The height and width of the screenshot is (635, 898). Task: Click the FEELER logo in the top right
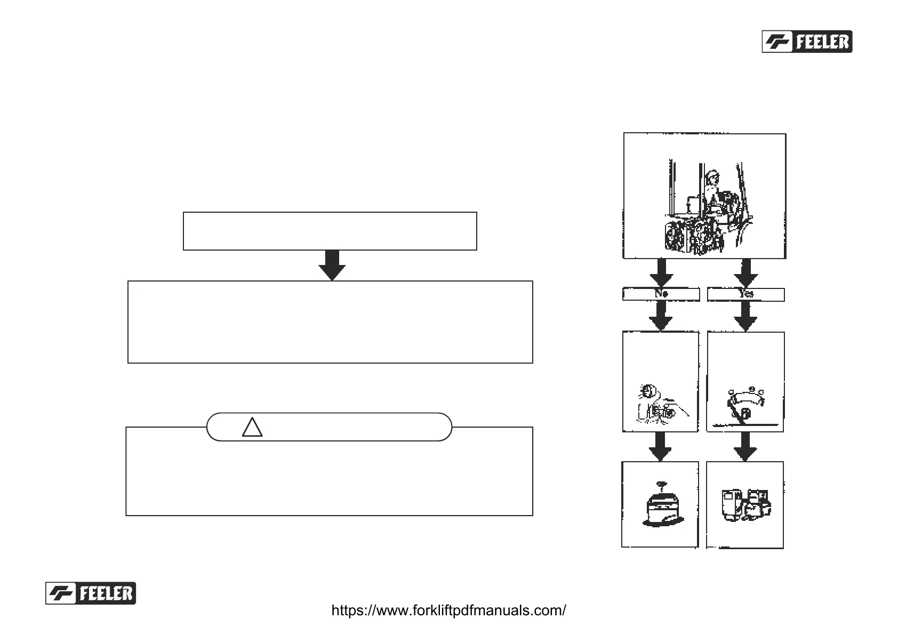coord(807,42)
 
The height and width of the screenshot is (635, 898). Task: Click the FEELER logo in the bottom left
coord(91,593)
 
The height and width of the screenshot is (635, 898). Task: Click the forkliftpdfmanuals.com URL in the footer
coord(448,610)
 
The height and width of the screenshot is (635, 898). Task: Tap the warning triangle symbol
coord(252,427)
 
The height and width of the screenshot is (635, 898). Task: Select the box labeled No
coord(661,294)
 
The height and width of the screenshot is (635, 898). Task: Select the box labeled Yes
coord(745,294)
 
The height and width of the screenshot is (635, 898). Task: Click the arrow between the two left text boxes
coord(332,265)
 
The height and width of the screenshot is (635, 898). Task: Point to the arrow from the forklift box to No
coord(661,273)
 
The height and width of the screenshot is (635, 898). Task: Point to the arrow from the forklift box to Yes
coord(745,273)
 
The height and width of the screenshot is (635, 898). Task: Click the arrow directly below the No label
coord(661,316)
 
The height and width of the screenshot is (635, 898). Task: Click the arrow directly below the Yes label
coord(745,316)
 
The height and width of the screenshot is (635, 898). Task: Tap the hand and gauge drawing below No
coord(659,405)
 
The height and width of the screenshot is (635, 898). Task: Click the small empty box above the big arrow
coord(330,231)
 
